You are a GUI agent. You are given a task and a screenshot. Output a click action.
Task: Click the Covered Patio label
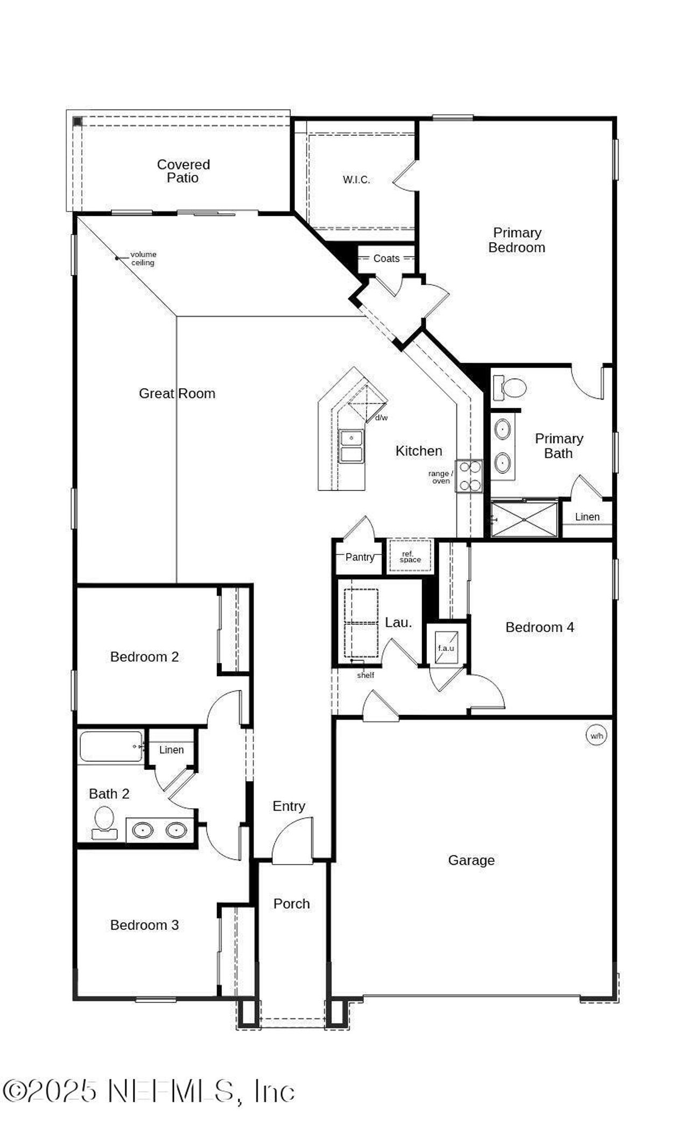coord(183,171)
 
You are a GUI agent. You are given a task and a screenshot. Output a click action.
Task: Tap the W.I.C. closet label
coord(356,180)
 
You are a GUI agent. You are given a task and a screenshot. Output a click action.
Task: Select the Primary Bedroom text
coord(517,240)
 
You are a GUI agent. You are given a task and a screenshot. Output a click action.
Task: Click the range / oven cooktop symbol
coord(469,476)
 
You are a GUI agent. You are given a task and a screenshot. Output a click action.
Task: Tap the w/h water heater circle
coord(596,735)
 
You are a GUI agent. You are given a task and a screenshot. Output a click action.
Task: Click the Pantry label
coord(360,557)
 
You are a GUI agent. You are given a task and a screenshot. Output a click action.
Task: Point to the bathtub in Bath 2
coord(111,746)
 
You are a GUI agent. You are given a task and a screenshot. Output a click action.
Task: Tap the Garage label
coord(471,860)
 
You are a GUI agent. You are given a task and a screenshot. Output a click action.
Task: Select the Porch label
coord(291,903)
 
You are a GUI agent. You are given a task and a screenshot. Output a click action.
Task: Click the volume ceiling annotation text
coord(143,258)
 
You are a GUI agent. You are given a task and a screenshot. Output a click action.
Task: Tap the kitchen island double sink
coord(351,446)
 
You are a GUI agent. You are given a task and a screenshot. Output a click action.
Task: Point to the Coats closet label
coord(386,258)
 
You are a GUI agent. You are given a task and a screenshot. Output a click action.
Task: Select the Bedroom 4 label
coord(539,627)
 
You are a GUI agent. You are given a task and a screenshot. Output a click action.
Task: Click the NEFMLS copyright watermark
coord(149,1092)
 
